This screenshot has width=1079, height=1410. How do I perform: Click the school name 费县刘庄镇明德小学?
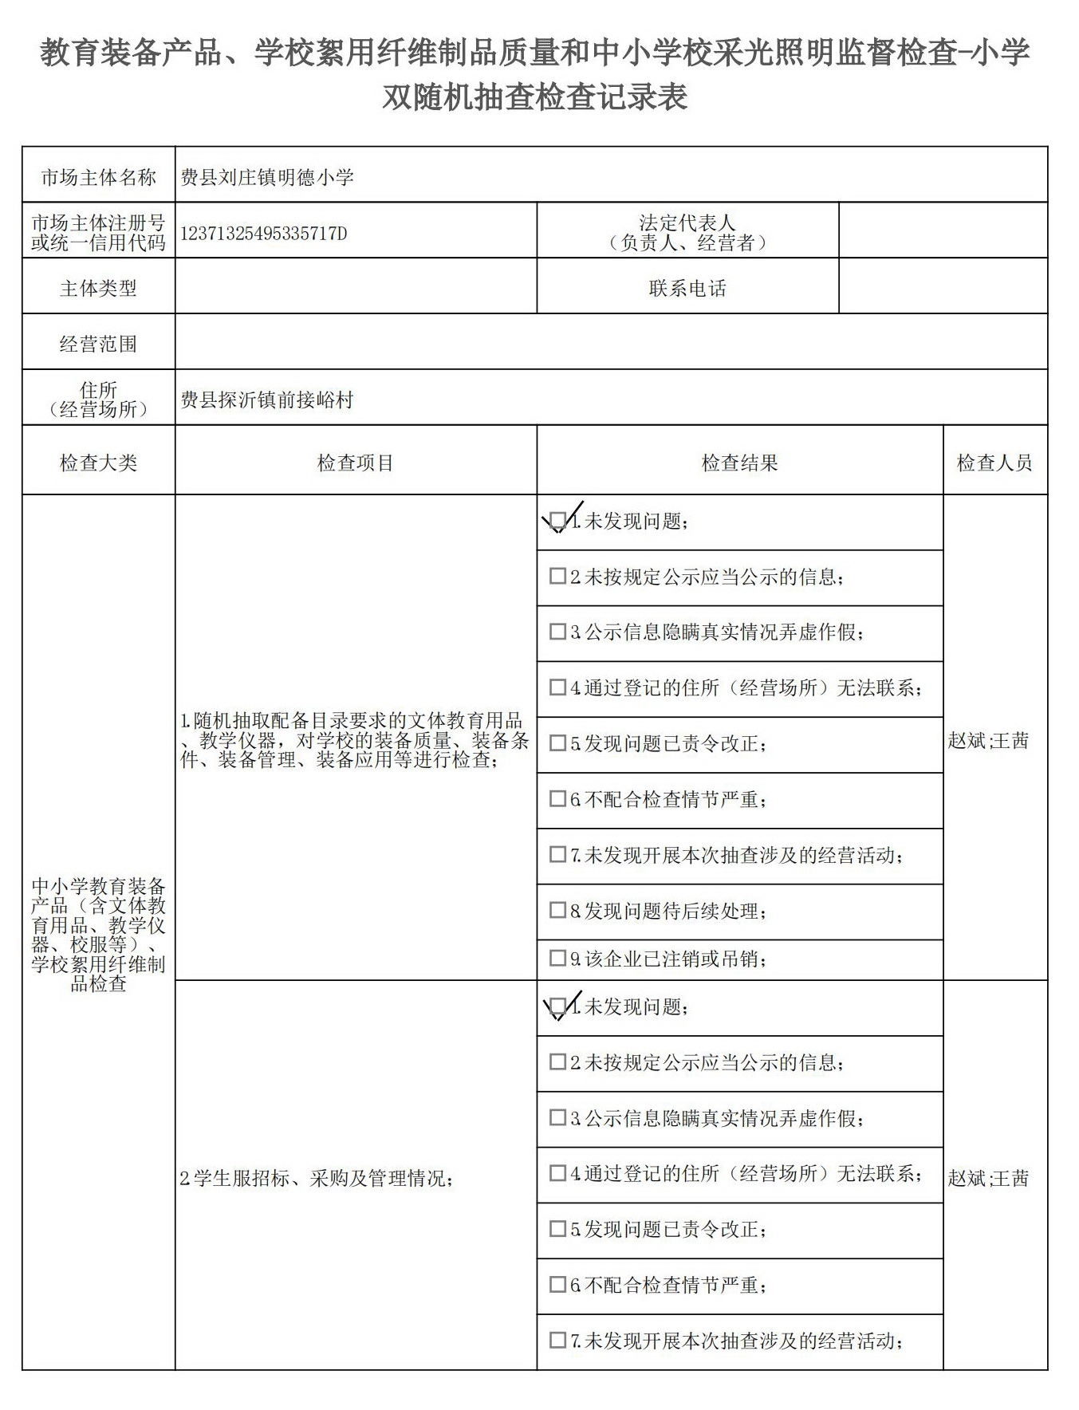pyautogui.click(x=267, y=177)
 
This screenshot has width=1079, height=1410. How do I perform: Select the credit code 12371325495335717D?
pyautogui.click(x=264, y=234)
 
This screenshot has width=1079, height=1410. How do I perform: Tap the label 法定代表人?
pyautogui.click(x=687, y=223)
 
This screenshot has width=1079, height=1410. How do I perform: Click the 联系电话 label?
pyautogui.click(x=687, y=289)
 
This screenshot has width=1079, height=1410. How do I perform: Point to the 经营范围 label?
pyautogui.click(x=98, y=345)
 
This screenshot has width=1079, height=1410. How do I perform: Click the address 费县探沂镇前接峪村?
pyautogui.click(x=267, y=400)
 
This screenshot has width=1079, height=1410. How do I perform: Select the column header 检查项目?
pyautogui.click(x=356, y=463)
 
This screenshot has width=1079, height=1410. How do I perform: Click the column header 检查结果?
pyautogui.click(x=739, y=463)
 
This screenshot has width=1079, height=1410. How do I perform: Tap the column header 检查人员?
pyautogui.click(x=994, y=463)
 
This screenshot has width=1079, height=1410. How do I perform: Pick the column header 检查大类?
pyautogui.click(x=98, y=463)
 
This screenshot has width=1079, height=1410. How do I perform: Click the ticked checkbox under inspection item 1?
pyautogui.click(x=558, y=521)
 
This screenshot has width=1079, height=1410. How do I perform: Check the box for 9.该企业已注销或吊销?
pyautogui.click(x=558, y=959)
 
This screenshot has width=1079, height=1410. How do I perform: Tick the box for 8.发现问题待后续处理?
pyautogui.click(x=558, y=910)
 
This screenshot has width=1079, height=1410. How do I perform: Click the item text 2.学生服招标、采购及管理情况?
pyautogui.click(x=317, y=1178)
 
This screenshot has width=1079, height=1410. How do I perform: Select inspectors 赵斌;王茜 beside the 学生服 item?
pyautogui.click(x=989, y=1178)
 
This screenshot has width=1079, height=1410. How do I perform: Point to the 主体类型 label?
pyautogui.click(x=98, y=289)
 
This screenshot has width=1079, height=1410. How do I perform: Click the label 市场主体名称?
pyautogui.click(x=98, y=177)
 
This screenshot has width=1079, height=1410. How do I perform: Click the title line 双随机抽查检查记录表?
pyautogui.click(x=534, y=97)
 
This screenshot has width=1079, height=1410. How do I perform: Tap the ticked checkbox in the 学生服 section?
pyautogui.click(x=558, y=1006)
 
